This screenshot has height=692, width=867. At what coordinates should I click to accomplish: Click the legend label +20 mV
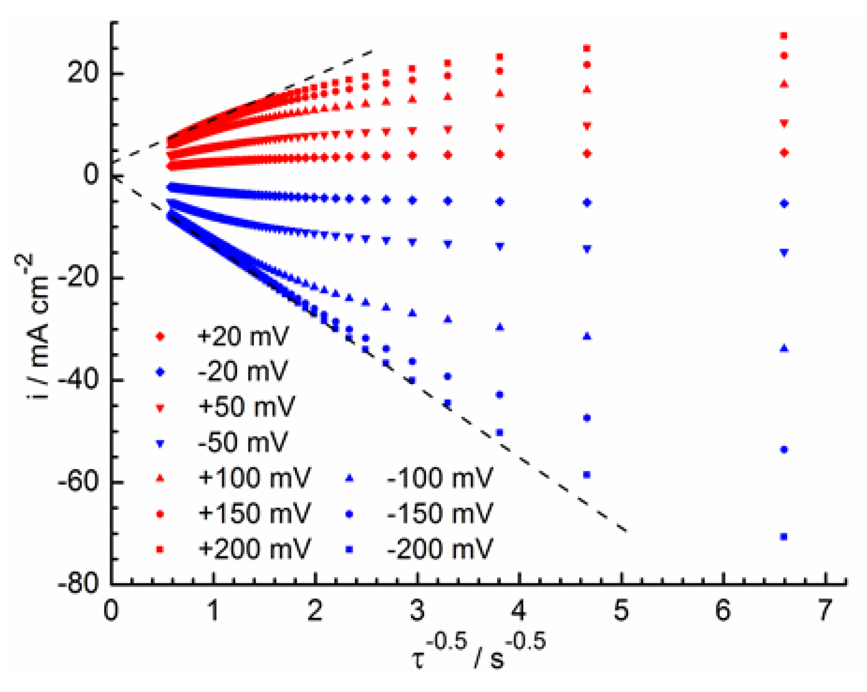point(243,336)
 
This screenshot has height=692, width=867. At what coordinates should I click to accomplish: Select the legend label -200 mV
point(439,549)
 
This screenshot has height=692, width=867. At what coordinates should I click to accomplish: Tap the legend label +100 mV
point(254,478)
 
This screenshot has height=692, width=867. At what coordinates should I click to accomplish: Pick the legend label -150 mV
point(439,514)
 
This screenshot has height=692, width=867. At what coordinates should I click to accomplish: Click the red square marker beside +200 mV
point(161,549)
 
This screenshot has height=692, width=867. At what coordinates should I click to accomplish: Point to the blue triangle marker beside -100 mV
point(350,478)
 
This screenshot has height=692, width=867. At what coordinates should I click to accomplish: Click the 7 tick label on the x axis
point(824,611)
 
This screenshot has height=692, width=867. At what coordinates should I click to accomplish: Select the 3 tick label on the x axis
point(416,611)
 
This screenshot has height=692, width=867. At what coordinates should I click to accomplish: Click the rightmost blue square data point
point(784,537)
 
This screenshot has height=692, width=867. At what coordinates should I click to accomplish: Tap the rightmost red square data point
point(784,35)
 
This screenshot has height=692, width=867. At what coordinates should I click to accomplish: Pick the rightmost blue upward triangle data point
point(784,349)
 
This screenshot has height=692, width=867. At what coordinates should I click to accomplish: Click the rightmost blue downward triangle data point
point(784,253)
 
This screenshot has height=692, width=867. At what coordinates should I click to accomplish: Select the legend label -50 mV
point(243,443)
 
